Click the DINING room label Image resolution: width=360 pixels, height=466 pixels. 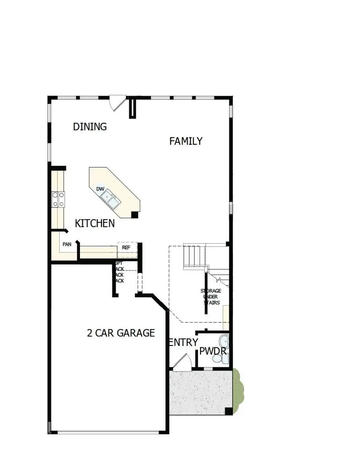(90, 127)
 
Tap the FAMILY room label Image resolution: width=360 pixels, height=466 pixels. (186, 141)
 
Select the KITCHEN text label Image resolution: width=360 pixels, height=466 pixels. (95, 223)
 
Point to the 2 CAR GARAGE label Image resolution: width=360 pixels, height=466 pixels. (121, 333)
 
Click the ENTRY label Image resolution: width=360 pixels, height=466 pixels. (184, 342)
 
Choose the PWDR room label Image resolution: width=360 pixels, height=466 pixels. (213, 352)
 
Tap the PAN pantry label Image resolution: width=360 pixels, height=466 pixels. (67, 244)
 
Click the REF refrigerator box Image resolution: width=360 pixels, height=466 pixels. (127, 248)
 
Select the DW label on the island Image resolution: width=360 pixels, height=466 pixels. (100, 189)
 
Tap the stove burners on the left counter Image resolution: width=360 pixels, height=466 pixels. (58, 200)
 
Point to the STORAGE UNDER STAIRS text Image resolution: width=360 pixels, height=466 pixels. (211, 297)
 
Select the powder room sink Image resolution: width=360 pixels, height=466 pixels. (224, 342)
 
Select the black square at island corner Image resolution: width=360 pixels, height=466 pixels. (135, 215)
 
